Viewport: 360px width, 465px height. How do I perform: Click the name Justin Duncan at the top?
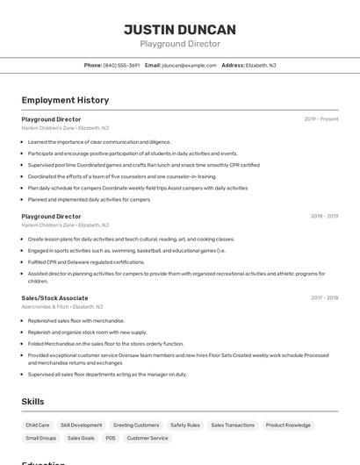[x=180, y=29]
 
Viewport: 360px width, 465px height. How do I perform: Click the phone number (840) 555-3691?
[x=121, y=65]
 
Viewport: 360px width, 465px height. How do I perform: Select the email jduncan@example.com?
[x=189, y=65]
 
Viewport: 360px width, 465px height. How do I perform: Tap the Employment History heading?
[x=65, y=100]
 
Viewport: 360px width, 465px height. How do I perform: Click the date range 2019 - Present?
[x=321, y=119]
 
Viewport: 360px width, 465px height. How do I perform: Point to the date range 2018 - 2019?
[x=324, y=216]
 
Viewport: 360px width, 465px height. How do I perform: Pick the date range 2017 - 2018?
[x=324, y=297]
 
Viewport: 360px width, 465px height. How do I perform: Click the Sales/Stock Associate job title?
[x=54, y=297]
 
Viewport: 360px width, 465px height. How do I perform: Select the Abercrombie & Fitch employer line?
[x=62, y=307]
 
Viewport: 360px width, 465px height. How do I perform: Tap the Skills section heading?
[x=33, y=402]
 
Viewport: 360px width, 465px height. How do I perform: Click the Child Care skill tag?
[x=38, y=425]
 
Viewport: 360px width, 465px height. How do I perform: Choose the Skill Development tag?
[x=82, y=425]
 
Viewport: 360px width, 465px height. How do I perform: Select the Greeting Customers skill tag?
[x=136, y=425]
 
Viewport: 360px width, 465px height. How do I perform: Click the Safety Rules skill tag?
[x=185, y=425]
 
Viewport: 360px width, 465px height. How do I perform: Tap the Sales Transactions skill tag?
[x=233, y=425]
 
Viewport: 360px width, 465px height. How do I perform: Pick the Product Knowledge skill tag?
[x=288, y=425]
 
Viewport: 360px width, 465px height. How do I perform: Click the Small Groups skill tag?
[x=41, y=438]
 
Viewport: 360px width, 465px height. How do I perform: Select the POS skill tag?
[x=111, y=438]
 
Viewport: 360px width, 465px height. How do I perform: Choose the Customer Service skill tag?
[x=148, y=438]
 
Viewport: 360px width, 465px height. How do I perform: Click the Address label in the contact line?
[x=233, y=65]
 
